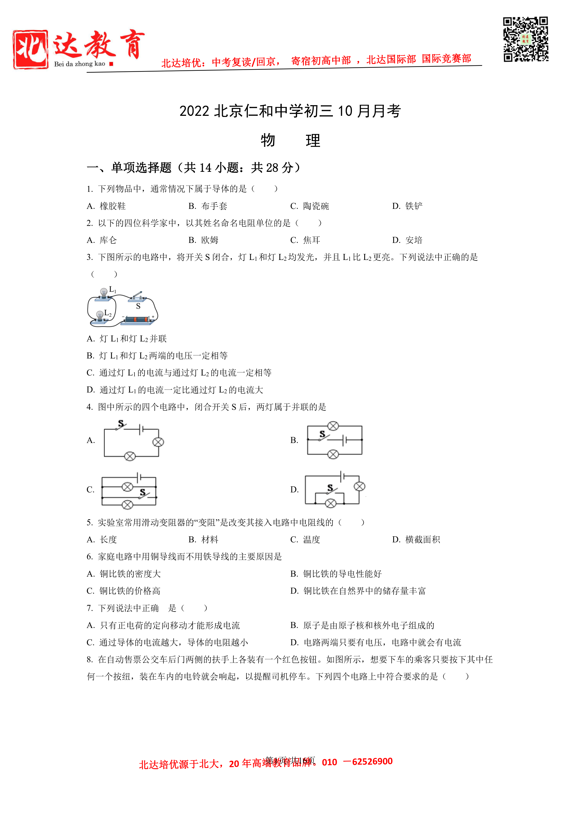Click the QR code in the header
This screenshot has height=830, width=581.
[x=525, y=39]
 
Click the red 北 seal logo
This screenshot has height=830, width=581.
[x=30, y=49]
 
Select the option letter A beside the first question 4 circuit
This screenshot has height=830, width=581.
[x=90, y=440]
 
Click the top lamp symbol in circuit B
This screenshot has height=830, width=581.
[x=333, y=426]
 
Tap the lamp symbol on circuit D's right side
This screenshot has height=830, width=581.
[x=359, y=486]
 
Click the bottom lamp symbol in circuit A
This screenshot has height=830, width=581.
[x=130, y=456]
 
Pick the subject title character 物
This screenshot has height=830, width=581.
[x=268, y=140]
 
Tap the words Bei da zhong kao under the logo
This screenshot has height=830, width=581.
[x=80, y=64]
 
